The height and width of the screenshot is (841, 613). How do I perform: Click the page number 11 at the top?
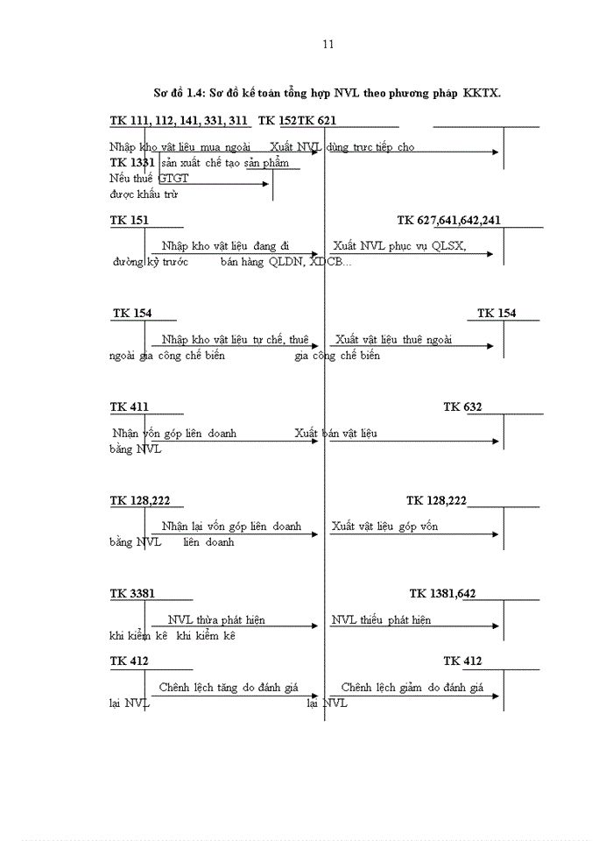click(328, 44)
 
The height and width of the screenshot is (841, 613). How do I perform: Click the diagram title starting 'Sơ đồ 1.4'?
click(327, 93)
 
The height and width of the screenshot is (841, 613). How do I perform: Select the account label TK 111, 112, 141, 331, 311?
click(179, 120)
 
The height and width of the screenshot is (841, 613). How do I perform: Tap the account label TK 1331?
click(132, 163)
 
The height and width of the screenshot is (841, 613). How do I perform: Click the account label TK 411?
click(129, 406)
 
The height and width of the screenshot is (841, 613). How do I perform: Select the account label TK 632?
click(462, 406)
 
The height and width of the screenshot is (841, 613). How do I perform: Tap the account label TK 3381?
click(132, 593)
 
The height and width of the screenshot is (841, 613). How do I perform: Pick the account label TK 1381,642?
click(442, 593)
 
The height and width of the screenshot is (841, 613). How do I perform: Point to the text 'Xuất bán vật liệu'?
click(336, 433)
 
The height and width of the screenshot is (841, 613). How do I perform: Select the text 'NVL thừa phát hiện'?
click(216, 619)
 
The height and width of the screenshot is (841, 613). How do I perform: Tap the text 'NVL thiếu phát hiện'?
click(381, 619)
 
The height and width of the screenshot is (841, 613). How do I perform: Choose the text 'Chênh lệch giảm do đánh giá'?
click(412, 688)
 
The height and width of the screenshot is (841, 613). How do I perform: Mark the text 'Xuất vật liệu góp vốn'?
click(384, 526)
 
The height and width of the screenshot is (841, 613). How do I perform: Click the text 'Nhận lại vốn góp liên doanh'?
click(231, 526)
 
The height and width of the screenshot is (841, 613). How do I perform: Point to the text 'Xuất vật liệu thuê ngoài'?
click(393, 339)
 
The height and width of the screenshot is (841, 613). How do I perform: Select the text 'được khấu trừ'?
click(138, 194)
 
